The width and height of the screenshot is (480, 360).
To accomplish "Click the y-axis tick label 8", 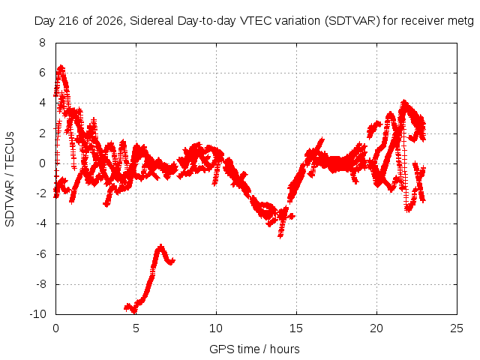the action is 42,43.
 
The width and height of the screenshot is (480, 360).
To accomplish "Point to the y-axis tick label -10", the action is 38,314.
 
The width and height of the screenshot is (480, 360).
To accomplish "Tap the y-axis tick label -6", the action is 41,254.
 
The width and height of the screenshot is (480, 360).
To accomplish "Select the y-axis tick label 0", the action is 42,163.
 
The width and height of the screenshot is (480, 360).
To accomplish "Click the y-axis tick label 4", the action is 42,103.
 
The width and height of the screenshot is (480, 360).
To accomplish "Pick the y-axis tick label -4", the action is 41,223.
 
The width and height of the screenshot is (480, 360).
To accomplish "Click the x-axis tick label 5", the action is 136,328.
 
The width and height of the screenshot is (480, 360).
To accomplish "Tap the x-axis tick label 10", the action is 216,328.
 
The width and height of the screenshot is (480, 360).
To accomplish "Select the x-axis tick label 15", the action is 296,328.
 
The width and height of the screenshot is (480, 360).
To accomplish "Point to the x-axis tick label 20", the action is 376,328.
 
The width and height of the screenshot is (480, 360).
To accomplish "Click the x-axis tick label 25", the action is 457,328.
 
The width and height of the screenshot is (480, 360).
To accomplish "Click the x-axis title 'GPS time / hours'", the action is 254,349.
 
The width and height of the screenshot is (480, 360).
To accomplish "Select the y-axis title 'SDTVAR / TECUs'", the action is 10,179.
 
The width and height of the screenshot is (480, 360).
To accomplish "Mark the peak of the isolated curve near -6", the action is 160,246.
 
